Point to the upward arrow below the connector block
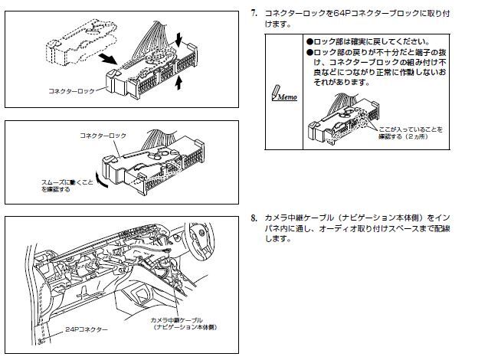point(179,84)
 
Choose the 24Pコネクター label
point(85,329)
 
